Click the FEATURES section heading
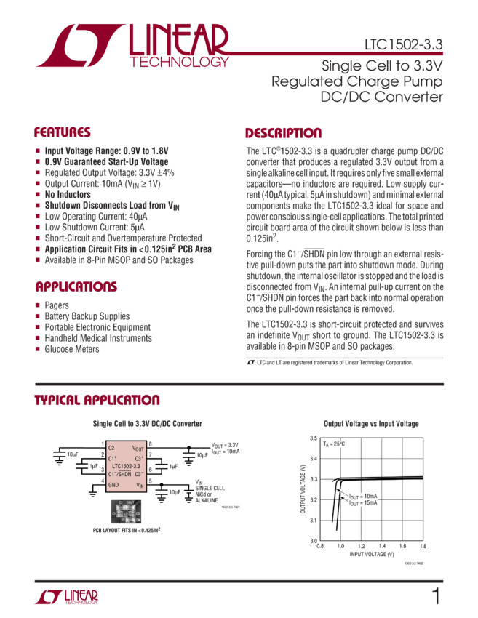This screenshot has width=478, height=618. (63, 133)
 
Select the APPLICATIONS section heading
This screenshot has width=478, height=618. (71, 286)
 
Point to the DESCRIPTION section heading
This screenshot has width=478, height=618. (283, 133)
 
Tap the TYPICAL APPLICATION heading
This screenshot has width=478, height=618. (97, 401)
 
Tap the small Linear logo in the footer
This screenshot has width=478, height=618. (67, 597)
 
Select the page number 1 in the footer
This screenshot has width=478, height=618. (436, 597)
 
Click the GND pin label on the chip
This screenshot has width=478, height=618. (114, 484)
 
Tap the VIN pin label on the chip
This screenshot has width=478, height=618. (139, 484)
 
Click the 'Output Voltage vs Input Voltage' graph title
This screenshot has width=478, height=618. (371, 423)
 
